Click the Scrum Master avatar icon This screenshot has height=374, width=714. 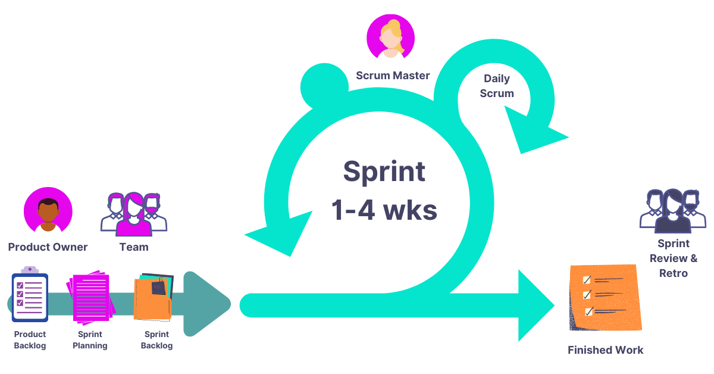(x=390, y=37)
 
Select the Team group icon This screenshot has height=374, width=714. (x=134, y=214)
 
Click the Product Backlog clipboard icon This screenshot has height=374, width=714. (x=30, y=296)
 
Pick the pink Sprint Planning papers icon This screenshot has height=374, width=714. (x=90, y=297)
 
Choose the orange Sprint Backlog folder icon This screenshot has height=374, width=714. (x=154, y=297)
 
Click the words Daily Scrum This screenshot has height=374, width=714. (x=497, y=86)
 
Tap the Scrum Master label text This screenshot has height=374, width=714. (x=393, y=76)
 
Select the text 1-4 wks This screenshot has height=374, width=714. (x=384, y=209)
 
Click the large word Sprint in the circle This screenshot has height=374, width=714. (x=384, y=172)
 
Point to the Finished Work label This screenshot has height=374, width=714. (x=605, y=350)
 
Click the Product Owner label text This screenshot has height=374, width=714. (x=48, y=247)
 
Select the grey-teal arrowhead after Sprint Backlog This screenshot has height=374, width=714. (x=205, y=304)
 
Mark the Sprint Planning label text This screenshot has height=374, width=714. (x=90, y=340)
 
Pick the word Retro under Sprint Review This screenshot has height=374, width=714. (x=673, y=273)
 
